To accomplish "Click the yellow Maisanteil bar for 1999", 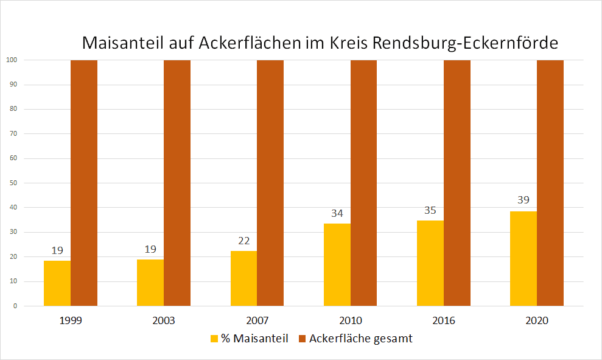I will [57, 283].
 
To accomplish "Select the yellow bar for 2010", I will [337, 265].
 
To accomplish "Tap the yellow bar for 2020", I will [523, 259].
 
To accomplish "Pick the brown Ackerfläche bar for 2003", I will [177, 183].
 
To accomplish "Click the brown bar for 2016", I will [457, 183].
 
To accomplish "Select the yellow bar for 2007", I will [243, 278].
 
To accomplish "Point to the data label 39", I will [523, 200].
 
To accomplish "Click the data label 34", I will [337, 213].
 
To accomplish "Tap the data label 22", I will [243, 241].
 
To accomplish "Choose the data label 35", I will [430, 210].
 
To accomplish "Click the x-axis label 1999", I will [71, 320].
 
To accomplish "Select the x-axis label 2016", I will [444, 320].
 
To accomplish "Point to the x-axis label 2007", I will [257, 320].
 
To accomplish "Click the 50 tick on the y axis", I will [13, 183].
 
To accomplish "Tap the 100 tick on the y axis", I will [12, 60].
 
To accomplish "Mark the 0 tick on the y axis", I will [15, 306].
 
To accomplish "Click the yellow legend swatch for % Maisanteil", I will [214, 339].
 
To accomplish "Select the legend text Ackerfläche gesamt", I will [360, 339].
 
